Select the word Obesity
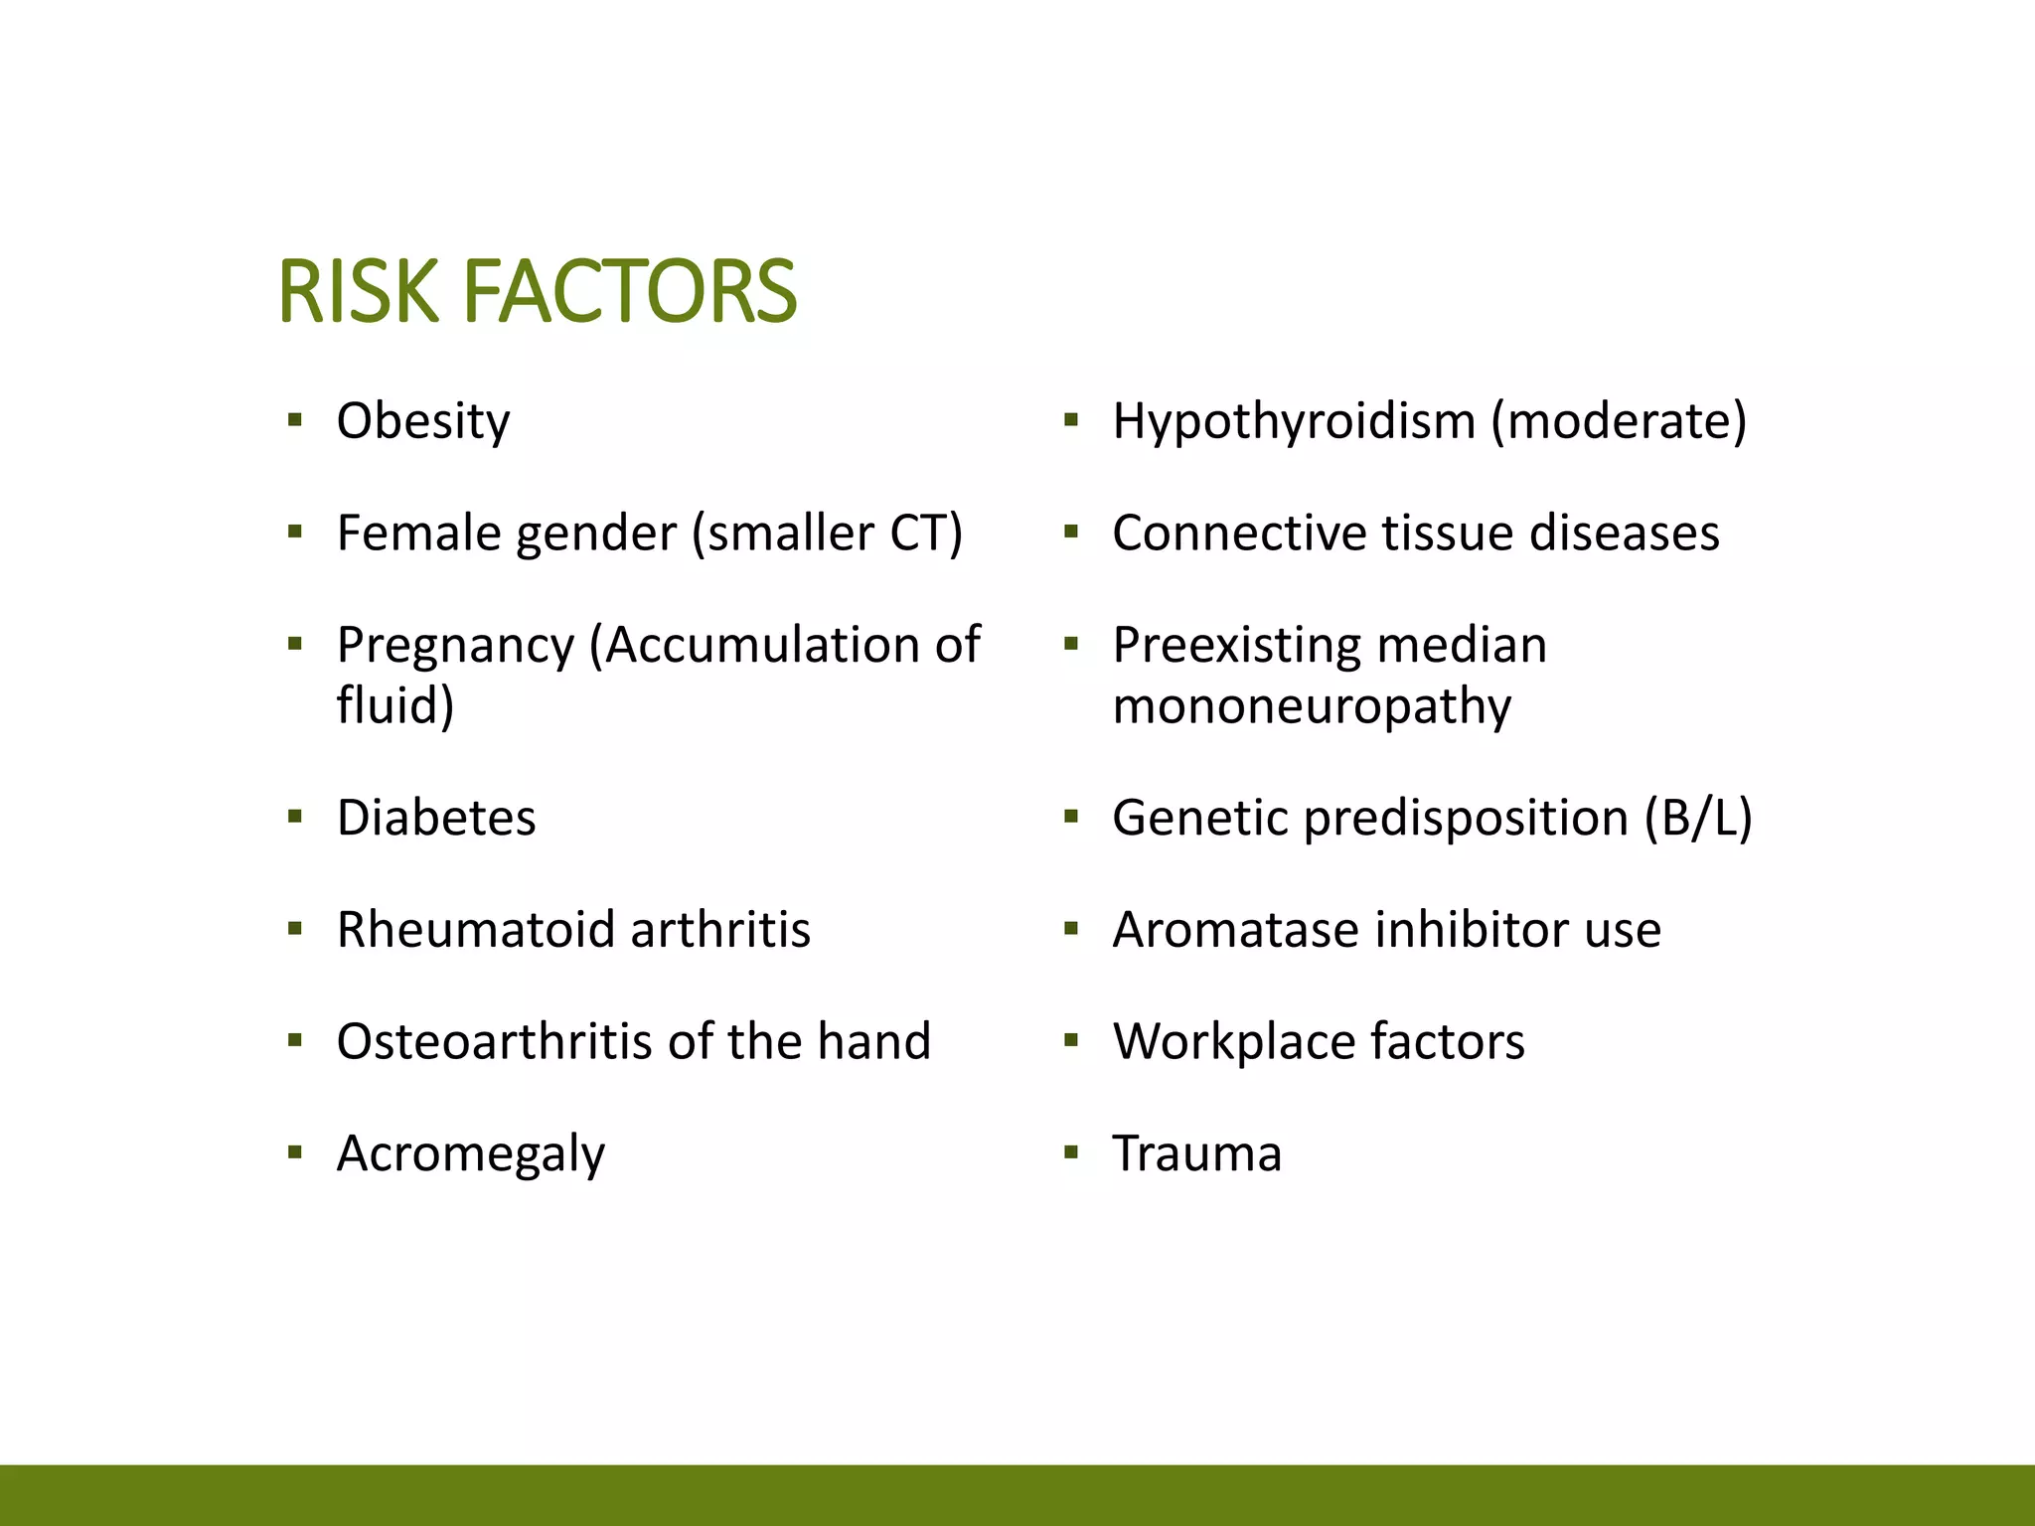click(x=423, y=421)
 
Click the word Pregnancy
click(x=456, y=646)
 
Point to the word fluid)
click(x=395, y=706)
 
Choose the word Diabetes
click(x=436, y=819)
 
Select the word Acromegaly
click(x=471, y=1155)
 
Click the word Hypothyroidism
click(x=1294, y=421)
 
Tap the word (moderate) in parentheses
click(x=1619, y=421)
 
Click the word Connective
click(x=1237, y=534)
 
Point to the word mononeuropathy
click(x=1312, y=706)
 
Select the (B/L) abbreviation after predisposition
click(x=1698, y=819)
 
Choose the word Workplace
click(x=1232, y=1042)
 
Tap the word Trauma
click(x=1197, y=1154)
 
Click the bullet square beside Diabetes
click(x=294, y=818)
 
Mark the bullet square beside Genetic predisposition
click(x=1070, y=818)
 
